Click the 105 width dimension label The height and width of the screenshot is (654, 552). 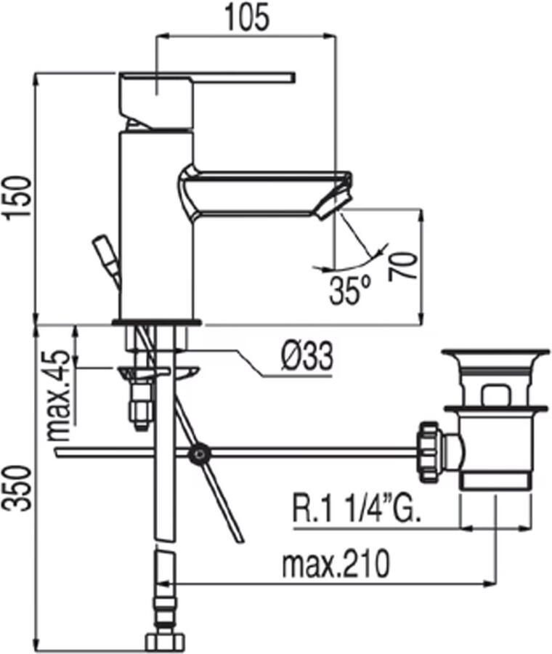[247, 18]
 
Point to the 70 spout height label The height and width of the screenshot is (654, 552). [403, 266]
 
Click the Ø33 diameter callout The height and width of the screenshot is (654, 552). [307, 356]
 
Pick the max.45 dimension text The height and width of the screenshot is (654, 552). [58, 395]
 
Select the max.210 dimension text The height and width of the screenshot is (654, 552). [336, 565]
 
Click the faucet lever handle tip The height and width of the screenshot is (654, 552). [293, 77]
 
